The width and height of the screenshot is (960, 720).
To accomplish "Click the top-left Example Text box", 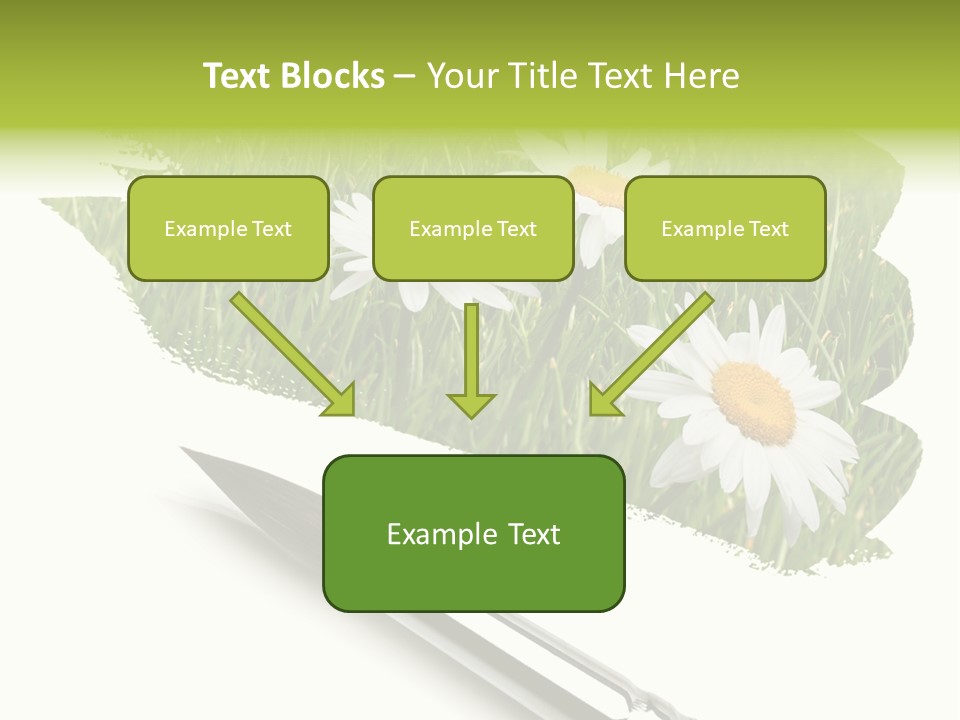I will coord(228,228).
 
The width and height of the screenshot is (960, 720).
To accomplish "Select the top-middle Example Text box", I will coord(473,228).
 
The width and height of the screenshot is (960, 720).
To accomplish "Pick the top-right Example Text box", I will coord(725,228).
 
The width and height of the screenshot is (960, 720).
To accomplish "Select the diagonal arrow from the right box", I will coord(655,350).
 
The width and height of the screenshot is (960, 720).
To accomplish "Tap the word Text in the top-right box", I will coord(768,229).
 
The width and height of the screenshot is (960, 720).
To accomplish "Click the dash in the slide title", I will coord(405,77).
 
